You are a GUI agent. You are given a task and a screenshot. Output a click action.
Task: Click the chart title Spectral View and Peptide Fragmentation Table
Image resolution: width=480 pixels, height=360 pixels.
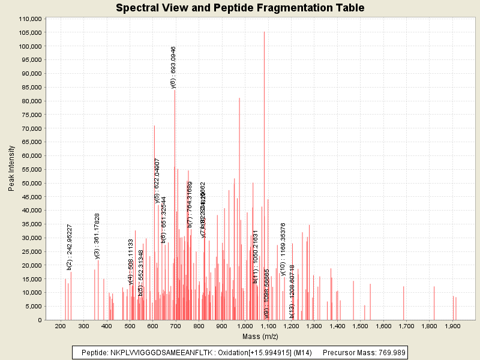[240, 8]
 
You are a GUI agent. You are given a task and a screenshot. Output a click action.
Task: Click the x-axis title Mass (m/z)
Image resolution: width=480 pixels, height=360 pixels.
[260, 337]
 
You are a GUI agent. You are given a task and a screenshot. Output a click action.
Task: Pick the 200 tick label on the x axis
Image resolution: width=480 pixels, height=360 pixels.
[60, 326]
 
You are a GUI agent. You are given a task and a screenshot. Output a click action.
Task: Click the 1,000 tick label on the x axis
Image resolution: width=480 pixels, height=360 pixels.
[245, 326]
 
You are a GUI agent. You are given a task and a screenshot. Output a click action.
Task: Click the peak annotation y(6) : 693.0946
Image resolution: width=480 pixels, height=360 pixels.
[173, 67]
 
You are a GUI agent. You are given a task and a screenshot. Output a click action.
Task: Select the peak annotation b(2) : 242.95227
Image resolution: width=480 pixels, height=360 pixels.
[70, 247]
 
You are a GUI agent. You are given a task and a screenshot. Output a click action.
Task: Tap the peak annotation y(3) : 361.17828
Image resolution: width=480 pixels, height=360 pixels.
[97, 236]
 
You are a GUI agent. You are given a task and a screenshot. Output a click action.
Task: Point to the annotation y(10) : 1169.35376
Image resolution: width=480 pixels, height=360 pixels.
[283, 249]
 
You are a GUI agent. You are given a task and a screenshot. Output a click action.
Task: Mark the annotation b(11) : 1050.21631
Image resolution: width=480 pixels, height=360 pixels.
[255, 256]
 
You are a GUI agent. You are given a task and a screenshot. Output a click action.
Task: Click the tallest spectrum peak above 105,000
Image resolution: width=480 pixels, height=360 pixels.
[264, 36]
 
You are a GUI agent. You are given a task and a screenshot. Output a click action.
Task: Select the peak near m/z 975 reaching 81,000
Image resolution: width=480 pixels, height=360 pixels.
[239, 102]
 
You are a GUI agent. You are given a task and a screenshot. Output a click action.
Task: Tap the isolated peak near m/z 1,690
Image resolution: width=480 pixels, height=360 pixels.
[404, 303]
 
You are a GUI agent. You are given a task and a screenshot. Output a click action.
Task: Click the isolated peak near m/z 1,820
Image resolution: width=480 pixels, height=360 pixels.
[434, 303]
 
